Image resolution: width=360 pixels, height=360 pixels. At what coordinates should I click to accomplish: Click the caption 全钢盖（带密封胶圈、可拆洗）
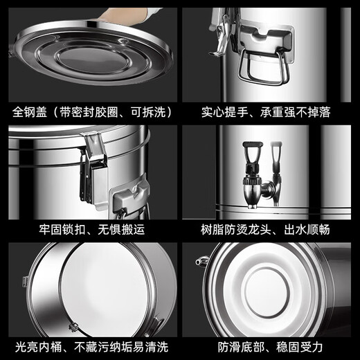click(91, 111)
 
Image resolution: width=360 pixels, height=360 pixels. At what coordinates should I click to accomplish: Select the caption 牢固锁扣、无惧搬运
click(91, 229)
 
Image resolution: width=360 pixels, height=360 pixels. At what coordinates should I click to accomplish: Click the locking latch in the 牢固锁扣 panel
click(91, 166)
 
